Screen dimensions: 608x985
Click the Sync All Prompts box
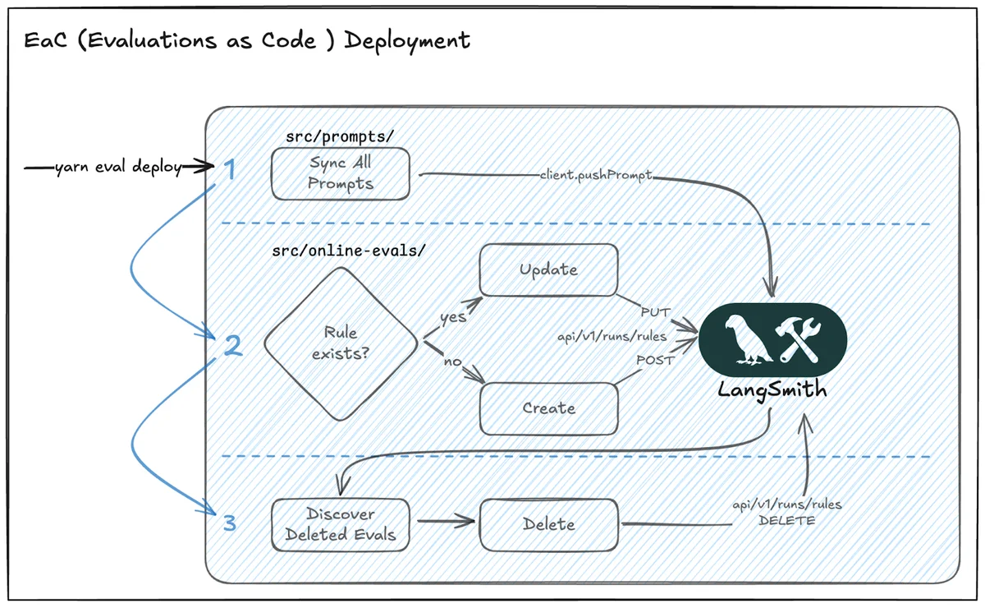[x=341, y=173]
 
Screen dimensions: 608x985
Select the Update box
[x=548, y=269]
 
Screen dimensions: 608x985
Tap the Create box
[x=548, y=408]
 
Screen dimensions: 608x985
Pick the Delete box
[x=549, y=524]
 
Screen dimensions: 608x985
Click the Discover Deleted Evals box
[x=340, y=525]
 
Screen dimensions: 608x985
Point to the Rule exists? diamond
[x=340, y=344]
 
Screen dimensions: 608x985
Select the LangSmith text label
[x=772, y=390]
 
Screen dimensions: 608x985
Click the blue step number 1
[x=230, y=170]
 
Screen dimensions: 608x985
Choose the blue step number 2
[x=232, y=346]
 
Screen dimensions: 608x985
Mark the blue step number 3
[x=230, y=522]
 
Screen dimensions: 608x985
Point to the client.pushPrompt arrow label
[x=598, y=176]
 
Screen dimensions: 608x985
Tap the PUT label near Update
[x=656, y=312]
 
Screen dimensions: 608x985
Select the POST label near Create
[x=655, y=361]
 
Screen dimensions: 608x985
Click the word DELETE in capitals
[x=788, y=521]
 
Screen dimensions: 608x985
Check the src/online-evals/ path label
[x=349, y=250]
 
